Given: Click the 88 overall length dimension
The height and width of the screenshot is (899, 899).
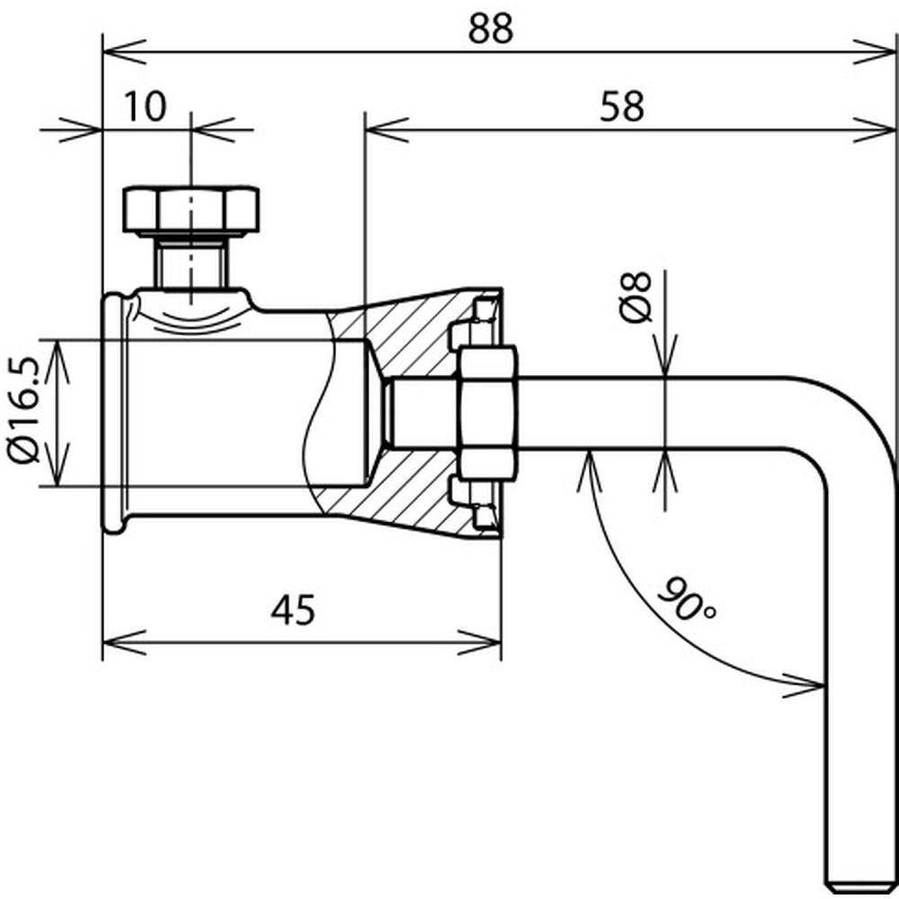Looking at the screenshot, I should click(490, 29).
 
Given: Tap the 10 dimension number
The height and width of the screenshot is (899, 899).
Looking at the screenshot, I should click(145, 105).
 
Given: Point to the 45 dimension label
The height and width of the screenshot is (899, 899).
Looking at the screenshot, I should click(293, 611).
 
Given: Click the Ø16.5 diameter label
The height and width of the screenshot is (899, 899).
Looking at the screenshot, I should click(28, 412).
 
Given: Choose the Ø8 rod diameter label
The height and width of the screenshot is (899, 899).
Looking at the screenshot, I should click(636, 296).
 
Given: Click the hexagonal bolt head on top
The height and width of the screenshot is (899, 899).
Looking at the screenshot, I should click(191, 209).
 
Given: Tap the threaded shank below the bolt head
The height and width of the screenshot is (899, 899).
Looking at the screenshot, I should click(191, 262).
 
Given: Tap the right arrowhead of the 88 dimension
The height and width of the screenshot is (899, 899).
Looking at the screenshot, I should click(877, 50).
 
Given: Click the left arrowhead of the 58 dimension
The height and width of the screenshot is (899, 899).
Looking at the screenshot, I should click(381, 127).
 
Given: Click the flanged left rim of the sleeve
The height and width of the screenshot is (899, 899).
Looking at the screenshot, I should click(112, 414).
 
